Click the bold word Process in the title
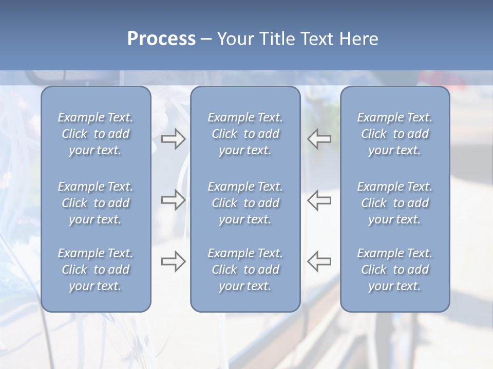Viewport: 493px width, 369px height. click(x=161, y=39)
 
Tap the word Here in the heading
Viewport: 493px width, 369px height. click(x=358, y=39)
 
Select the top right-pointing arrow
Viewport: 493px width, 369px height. click(x=173, y=139)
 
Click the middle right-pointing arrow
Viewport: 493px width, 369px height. click(x=173, y=200)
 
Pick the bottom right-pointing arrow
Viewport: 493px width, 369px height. click(x=173, y=261)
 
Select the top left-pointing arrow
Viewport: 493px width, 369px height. click(x=319, y=139)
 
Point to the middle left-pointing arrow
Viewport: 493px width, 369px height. click(x=319, y=200)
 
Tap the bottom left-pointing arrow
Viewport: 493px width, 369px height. click(x=319, y=261)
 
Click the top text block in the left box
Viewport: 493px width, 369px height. click(x=96, y=134)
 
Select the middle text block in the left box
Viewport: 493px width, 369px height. click(x=96, y=203)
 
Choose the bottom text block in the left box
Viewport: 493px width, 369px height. click(x=96, y=270)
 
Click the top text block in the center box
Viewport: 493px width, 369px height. click(x=245, y=134)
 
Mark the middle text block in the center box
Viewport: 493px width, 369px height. click(x=245, y=203)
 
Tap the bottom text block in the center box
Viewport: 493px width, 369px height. click(x=245, y=270)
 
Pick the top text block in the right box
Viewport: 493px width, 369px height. click(x=395, y=134)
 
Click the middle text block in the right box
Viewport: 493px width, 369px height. click(x=395, y=203)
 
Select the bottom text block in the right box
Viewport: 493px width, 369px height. click(x=395, y=270)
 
